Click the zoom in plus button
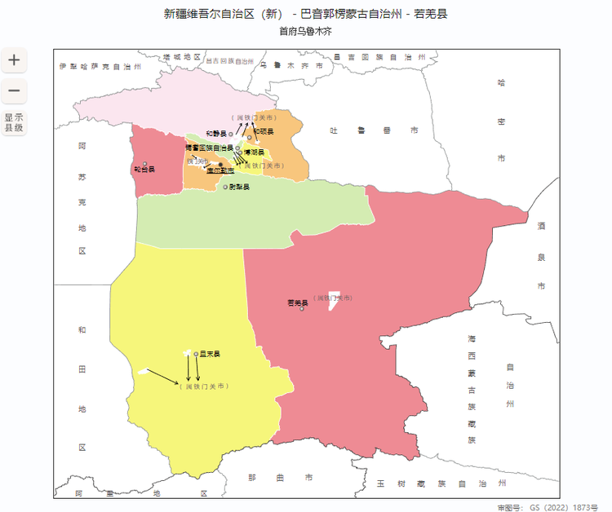pyautogui.click(x=14, y=60)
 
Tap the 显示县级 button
pyautogui.click(x=14, y=122)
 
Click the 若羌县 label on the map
pyautogui.click(x=296, y=302)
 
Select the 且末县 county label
pyautogui.click(x=211, y=354)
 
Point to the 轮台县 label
pyautogui.click(x=144, y=170)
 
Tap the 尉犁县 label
pyautogui.click(x=239, y=187)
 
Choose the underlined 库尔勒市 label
pyautogui.click(x=220, y=170)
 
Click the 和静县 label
pyautogui.click(x=216, y=133)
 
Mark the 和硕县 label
pyautogui.click(x=263, y=130)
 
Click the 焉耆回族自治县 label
pyautogui.click(x=209, y=148)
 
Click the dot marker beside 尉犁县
pyautogui.click(x=226, y=187)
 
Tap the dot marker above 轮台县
pyautogui.click(x=145, y=163)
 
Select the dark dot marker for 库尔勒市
pyautogui.click(x=220, y=165)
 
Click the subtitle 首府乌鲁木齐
pyautogui.click(x=305, y=31)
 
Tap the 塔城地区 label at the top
pyautogui.click(x=181, y=57)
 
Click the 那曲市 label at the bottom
pyautogui.click(x=280, y=477)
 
